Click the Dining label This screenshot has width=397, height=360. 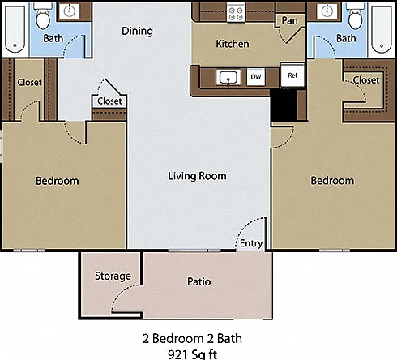[137, 31]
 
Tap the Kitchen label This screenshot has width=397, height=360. [233, 44]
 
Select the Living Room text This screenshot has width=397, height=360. [197, 176]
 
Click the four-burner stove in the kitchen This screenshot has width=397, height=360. [236, 13]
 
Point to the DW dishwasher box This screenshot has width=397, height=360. [256, 77]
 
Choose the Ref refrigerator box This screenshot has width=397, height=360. [292, 75]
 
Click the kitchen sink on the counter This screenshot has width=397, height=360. [228, 77]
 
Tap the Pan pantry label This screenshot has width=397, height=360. [289, 20]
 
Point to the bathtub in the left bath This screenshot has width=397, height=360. [15, 29]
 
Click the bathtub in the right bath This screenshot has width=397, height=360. [382, 29]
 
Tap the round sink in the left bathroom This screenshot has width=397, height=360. [70, 11]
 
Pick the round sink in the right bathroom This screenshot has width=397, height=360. [327, 11]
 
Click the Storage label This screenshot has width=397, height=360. [113, 276]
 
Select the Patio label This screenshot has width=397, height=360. [199, 281]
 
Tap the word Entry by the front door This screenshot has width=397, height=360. [251, 243]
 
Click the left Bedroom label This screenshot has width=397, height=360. [58, 181]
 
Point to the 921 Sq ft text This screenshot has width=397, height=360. [192, 354]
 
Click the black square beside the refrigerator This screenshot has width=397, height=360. [284, 105]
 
